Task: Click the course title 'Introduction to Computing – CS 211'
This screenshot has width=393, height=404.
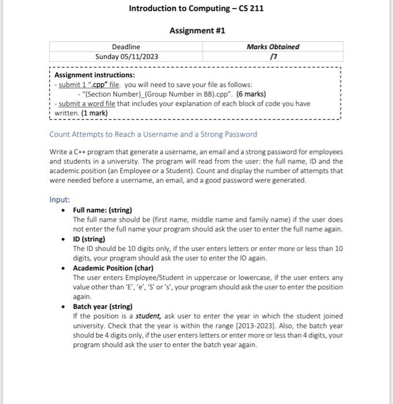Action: (x=196, y=9)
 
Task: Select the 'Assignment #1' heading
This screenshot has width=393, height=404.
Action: (x=196, y=31)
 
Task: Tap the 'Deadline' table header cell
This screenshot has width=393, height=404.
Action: (x=126, y=47)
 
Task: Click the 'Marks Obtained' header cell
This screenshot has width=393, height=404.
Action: (x=273, y=47)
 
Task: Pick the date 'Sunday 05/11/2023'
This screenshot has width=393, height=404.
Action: (x=126, y=57)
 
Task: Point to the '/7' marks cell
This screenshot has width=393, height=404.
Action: (x=273, y=57)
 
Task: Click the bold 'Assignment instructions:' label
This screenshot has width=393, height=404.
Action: (x=94, y=75)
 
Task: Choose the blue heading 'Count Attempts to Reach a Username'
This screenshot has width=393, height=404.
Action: (x=153, y=134)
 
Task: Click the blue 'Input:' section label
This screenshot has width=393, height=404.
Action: (x=60, y=200)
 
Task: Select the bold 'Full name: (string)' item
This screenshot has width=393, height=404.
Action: (x=102, y=210)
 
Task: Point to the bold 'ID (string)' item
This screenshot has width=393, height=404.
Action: (x=89, y=238)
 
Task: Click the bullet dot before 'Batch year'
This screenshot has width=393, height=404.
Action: (x=63, y=306)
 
